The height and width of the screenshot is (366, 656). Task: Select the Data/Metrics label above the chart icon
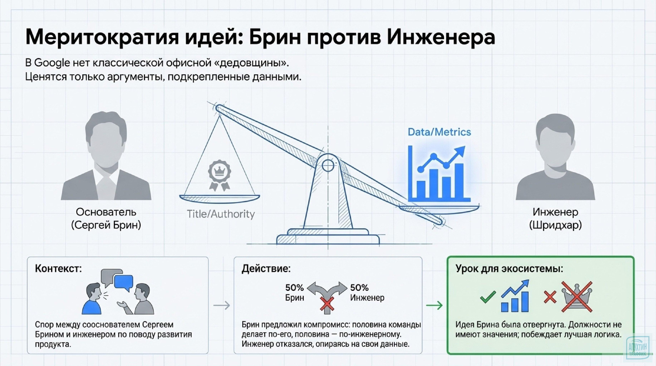tap(439, 132)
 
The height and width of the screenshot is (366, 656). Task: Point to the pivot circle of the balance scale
tap(328, 166)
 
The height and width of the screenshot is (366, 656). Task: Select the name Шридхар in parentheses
tap(555, 225)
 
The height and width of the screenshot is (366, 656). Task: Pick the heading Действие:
tap(266, 269)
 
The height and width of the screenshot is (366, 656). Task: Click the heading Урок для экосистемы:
tap(509, 269)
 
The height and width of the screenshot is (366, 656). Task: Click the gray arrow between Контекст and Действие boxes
tap(221, 305)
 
